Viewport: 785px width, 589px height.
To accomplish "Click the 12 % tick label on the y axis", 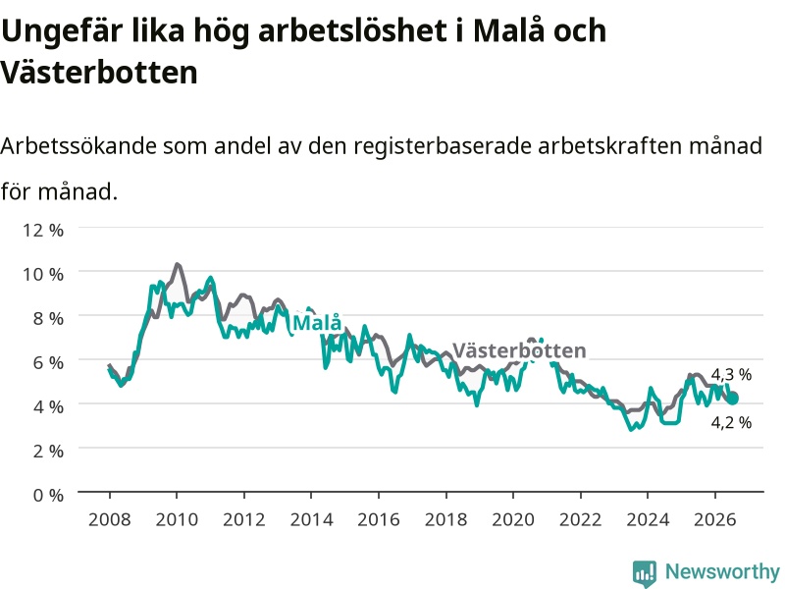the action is click(x=43, y=230).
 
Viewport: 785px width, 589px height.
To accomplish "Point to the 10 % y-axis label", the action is click(x=43, y=274).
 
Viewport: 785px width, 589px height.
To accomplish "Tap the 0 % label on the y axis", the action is click(x=48, y=495).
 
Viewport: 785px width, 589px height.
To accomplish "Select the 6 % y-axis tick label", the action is click(x=48, y=362).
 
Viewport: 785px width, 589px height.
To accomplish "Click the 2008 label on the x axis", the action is click(x=110, y=519).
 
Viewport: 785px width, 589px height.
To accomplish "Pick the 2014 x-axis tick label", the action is click(x=311, y=519).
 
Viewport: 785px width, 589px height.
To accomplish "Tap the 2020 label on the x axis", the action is click(x=513, y=519).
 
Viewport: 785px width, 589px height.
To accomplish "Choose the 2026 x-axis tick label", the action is click(x=715, y=519).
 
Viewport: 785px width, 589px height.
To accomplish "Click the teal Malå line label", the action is click(x=317, y=323).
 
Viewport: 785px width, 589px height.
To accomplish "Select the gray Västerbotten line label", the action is click(x=519, y=350).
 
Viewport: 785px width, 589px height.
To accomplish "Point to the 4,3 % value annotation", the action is click(x=731, y=374).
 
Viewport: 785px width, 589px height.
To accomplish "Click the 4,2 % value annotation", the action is click(x=731, y=422).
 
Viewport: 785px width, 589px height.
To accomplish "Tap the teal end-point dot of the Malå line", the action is click(x=732, y=399).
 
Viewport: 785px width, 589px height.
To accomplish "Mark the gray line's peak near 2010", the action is click(x=177, y=264).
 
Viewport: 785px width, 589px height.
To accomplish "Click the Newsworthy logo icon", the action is click(x=645, y=573).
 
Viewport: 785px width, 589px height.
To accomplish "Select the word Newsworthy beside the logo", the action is click(x=722, y=571).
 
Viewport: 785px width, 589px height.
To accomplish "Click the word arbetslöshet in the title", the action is click(x=352, y=31).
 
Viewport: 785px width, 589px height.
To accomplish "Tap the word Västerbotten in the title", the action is click(x=99, y=73).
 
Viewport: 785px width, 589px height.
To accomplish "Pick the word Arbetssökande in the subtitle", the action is click(x=78, y=146).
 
